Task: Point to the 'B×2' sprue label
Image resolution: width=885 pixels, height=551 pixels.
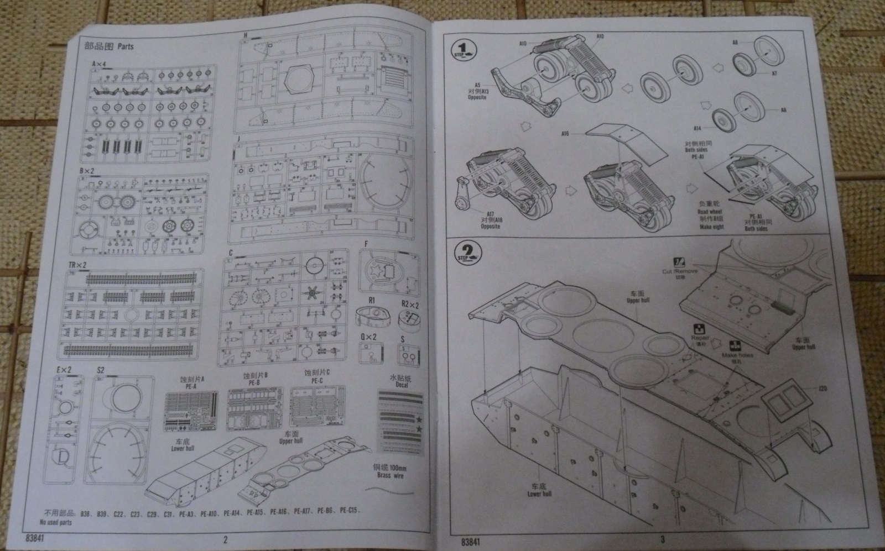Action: pos(87,171)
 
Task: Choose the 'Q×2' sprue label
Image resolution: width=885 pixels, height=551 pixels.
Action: pos(368,337)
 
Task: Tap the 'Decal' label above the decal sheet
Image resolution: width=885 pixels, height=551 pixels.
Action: pos(400,385)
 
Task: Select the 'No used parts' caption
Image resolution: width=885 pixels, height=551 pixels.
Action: pos(55,522)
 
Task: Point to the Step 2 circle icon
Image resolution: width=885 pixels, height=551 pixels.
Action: pos(467,255)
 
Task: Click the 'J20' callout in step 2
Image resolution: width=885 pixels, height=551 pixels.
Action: pos(824,390)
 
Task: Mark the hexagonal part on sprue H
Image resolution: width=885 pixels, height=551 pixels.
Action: pos(299,83)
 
